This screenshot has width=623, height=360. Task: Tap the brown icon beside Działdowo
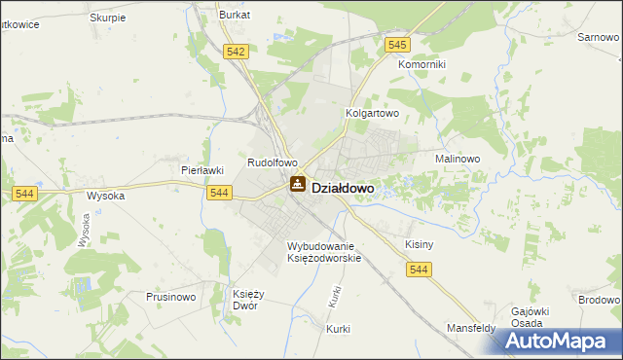[x=298, y=184]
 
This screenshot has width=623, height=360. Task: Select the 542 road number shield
[x=234, y=52]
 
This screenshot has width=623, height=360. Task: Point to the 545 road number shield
[x=396, y=45]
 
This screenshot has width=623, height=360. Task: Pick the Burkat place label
[x=235, y=16]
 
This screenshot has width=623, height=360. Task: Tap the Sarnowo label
[x=600, y=36]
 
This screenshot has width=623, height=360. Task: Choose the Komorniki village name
[x=421, y=64]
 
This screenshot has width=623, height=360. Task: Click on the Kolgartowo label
[x=374, y=113]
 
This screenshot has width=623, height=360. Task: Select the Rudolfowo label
[x=272, y=162]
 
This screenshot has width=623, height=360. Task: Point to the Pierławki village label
[x=202, y=169]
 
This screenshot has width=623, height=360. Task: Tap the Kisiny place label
[x=418, y=245]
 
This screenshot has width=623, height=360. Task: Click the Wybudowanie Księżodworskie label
[x=324, y=252]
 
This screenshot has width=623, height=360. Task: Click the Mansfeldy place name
[x=471, y=328]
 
